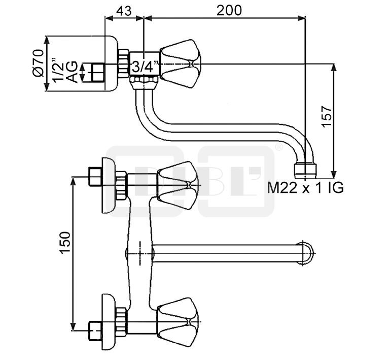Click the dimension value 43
click(x=124, y=11)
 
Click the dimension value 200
click(x=229, y=11)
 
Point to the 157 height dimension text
click(x=327, y=116)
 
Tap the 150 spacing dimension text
click(x=65, y=243)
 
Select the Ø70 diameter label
click(x=38, y=63)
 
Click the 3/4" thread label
click(x=145, y=67)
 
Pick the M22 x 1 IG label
click(x=305, y=187)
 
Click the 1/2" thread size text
click(x=57, y=71)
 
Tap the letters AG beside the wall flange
click(x=72, y=72)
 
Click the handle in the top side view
click(x=180, y=63)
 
